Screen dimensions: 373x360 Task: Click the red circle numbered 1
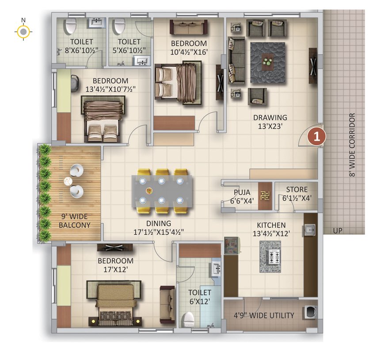(x=316, y=137)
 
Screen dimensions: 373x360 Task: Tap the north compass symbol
(x=23, y=31)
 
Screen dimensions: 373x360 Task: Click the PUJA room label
(x=242, y=192)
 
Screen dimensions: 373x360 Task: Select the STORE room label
(x=297, y=190)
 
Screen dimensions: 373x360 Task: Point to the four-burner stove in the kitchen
(x=273, y=257)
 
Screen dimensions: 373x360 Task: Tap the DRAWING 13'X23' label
(x=270, y=122)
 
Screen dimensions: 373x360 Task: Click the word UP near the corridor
(x=338, y=230)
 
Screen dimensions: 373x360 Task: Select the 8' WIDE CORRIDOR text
(x=352, y=145)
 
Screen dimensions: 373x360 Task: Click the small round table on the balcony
(x=68, y=181)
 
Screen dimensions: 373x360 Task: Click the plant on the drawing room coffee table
(x=268, y=61)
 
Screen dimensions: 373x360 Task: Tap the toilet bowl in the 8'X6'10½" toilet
(x=71, y=26)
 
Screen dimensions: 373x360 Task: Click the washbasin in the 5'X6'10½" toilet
(x=142, y=61)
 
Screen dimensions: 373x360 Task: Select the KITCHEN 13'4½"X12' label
(x=271, y=229)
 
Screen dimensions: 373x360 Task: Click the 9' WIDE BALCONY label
(x=75, y=221)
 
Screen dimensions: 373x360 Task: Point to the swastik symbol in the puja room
(x=265, y=196)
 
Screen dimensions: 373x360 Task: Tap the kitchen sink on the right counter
(x=310, y=230)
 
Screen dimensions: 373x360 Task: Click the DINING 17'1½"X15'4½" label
(x=158, y=228)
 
